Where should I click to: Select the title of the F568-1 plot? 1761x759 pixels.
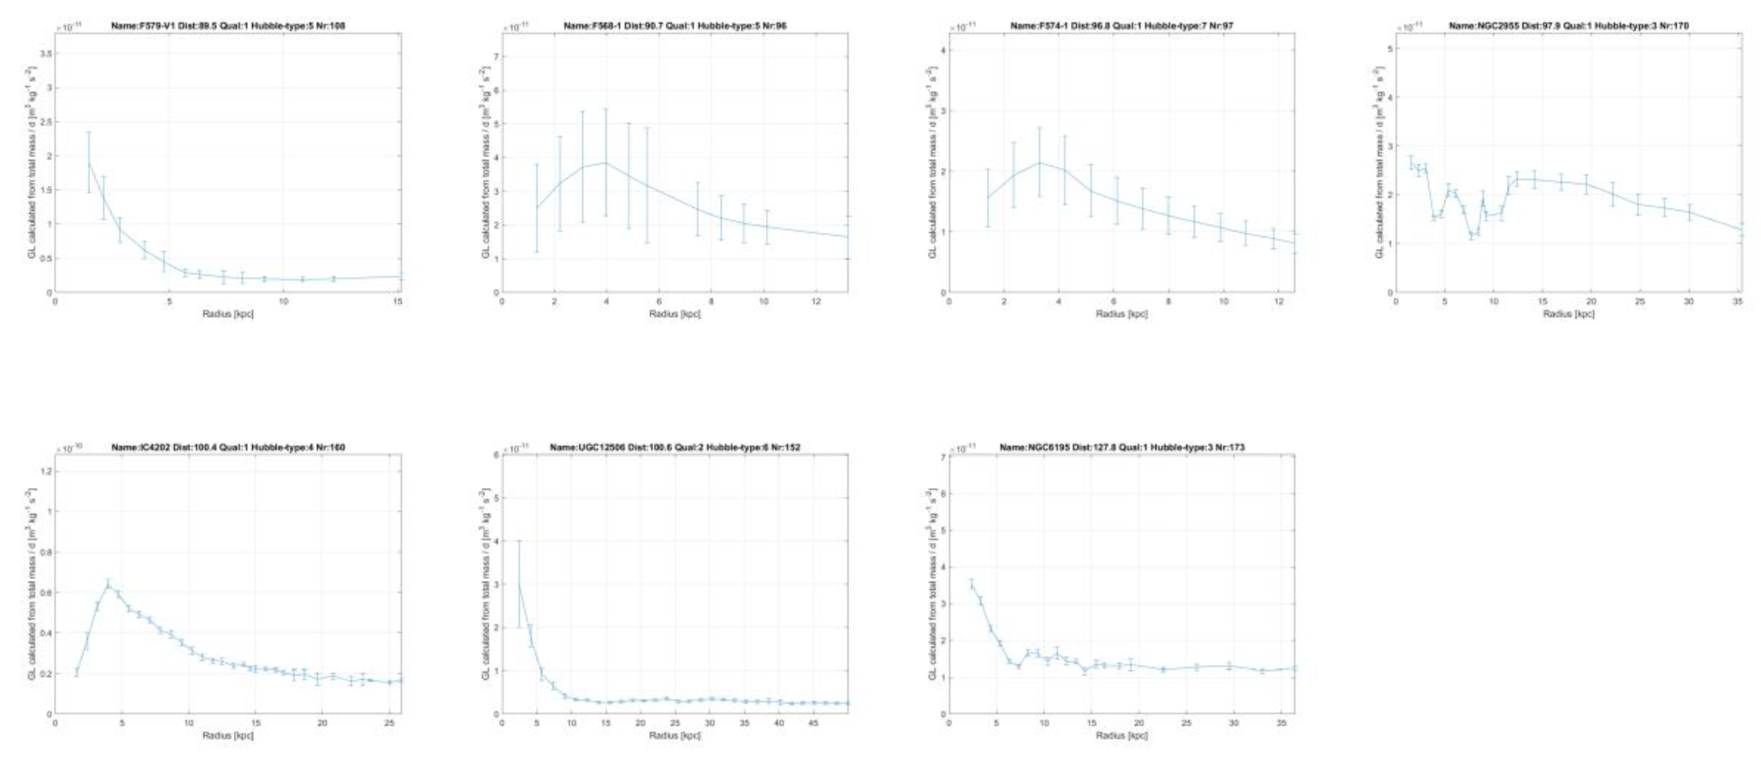click(675, 26)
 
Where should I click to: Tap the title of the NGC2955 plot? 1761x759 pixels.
click(1568, 26)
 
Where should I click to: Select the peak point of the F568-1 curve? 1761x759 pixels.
click(605, 163)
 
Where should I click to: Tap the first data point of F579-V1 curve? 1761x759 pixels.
click(88, 162)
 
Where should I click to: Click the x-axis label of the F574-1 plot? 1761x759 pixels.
click(1121, 314)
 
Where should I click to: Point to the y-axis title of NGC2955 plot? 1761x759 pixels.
click(1380, 163)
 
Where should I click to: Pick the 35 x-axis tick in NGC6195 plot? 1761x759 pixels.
click(1283, 723)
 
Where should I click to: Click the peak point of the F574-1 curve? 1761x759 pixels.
click(1039, 162)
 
